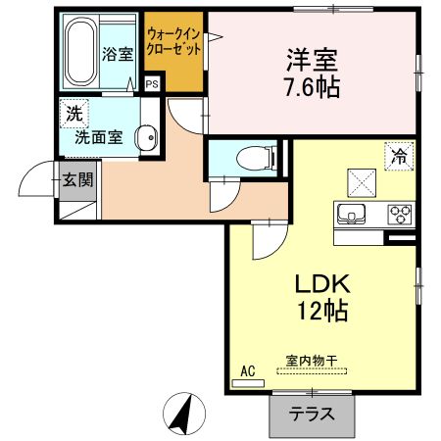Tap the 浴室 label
pyautogui.click(x=118, y=54)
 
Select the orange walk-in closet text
pyautogui.click(x=173, y=41)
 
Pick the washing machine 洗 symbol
pyautogui.click(x=72, y=112)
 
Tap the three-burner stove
pyautogui.click(x=400, y=214)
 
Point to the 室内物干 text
pyautogui.click(x=312, y=362)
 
